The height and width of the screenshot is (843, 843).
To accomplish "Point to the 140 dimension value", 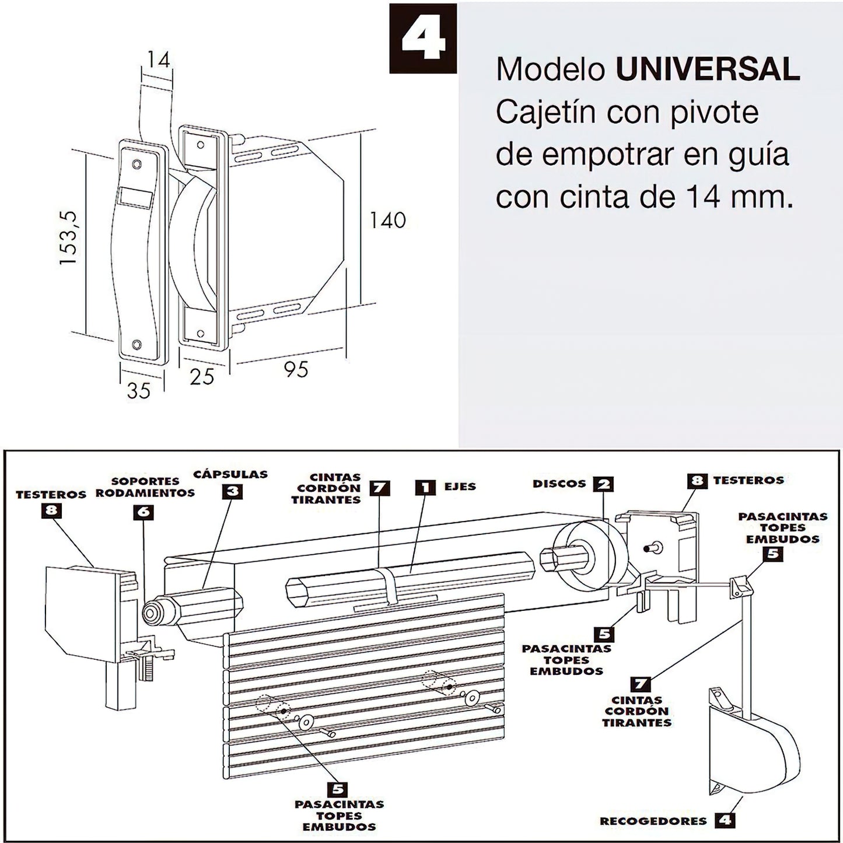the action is pos(387,220).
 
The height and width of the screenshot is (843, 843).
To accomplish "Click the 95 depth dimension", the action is pos(296,369).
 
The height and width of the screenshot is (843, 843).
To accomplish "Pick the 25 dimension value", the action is pos(202,377).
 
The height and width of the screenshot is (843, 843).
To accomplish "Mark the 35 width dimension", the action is pos(139,390).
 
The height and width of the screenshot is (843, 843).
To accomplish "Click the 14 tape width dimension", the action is pos(158,60).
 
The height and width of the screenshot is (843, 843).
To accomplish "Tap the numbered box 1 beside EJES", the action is pos(425,487).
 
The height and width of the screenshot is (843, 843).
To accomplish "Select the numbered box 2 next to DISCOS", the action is pos(603,484).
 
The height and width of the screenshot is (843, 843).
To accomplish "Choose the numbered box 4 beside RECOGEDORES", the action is pos(725,820).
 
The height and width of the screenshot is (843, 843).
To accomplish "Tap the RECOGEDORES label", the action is pos(653,821).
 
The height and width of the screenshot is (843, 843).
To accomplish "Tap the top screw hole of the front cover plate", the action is pos(137,164).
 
